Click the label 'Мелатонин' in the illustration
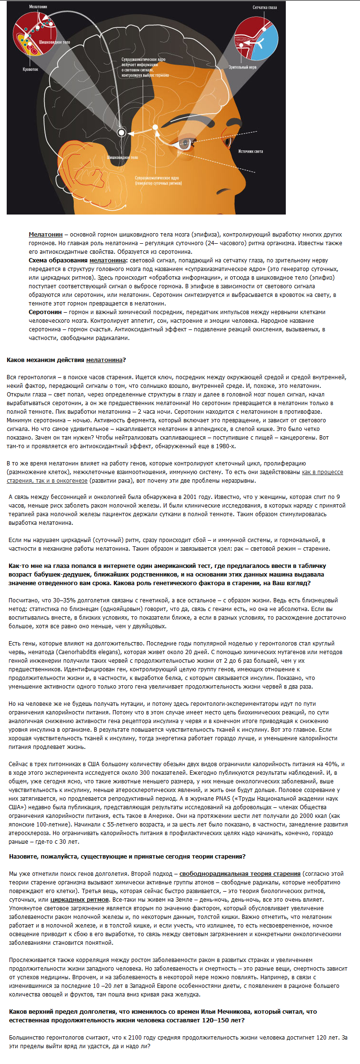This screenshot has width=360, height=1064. pyautogui.click(x=38, y=7)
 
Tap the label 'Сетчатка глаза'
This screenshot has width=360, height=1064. pyautogui.click(x=265, y=8)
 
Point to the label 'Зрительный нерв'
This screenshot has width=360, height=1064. pyautogui.click(x=242, y=68)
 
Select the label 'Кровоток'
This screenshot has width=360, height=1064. pyautogui.click(x=30, y=69)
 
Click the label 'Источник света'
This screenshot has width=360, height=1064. pyautogui.click(x=250, y=151)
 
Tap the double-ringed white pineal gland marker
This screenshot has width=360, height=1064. pyautogui.click(x=122, y=132)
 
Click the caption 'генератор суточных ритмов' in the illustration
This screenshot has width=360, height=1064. pyautogui.click(x=158, y=183)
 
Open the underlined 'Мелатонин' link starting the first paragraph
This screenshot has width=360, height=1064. pyautogui.click(x=45, y=235)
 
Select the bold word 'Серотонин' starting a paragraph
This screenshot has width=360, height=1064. pyautogui.click(x=45, y=312)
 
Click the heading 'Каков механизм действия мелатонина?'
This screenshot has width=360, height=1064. pyautogui.click(x=66, y=360)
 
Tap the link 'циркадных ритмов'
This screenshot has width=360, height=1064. pyautogui.click(x=79, y=900)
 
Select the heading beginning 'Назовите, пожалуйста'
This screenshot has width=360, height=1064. pyautogui.click(x=127, y=857)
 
